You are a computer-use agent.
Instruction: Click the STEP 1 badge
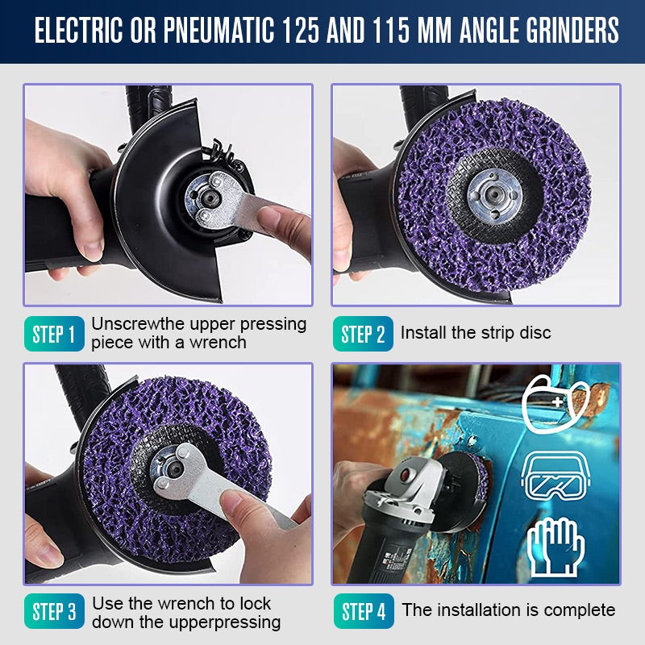55,334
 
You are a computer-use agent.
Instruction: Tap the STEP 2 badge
363,334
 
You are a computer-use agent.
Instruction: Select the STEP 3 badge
55,611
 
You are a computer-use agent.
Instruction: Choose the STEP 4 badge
363,611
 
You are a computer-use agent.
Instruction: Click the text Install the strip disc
476,333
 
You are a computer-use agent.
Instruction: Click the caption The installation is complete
509,610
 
